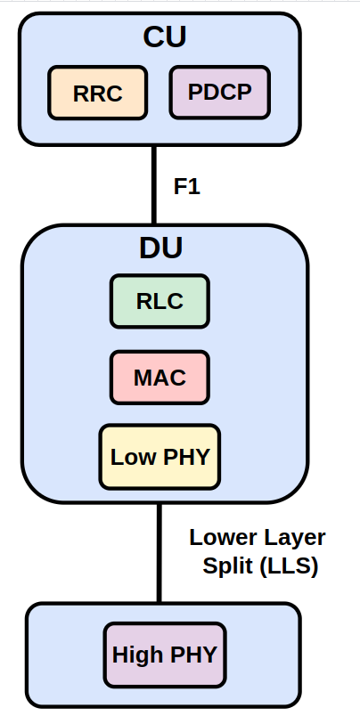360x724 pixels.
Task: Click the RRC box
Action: point(97,93)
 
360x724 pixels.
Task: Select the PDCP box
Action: point(219,93)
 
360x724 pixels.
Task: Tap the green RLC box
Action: point(160,302)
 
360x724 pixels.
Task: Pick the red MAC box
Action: point(160,378)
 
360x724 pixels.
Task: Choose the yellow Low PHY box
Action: point(160,457)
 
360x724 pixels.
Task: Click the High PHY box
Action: point(165,655)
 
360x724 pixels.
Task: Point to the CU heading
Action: point(165,37)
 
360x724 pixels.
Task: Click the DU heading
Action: point(160,248)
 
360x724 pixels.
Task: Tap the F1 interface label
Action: point(187,186)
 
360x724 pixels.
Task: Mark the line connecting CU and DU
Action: point(154,185)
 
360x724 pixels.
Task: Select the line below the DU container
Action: point(160,553)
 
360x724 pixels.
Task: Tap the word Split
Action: point(228,566)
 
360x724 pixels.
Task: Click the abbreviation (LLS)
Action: point(290,566)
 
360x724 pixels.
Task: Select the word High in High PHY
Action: point(137,655)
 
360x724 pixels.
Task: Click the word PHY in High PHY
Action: point(193,655)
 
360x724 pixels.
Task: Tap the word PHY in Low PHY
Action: point(186,457)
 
